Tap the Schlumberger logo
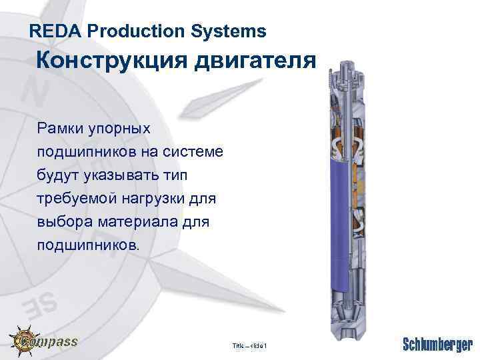point(437,345)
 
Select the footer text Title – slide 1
point(249,345)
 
